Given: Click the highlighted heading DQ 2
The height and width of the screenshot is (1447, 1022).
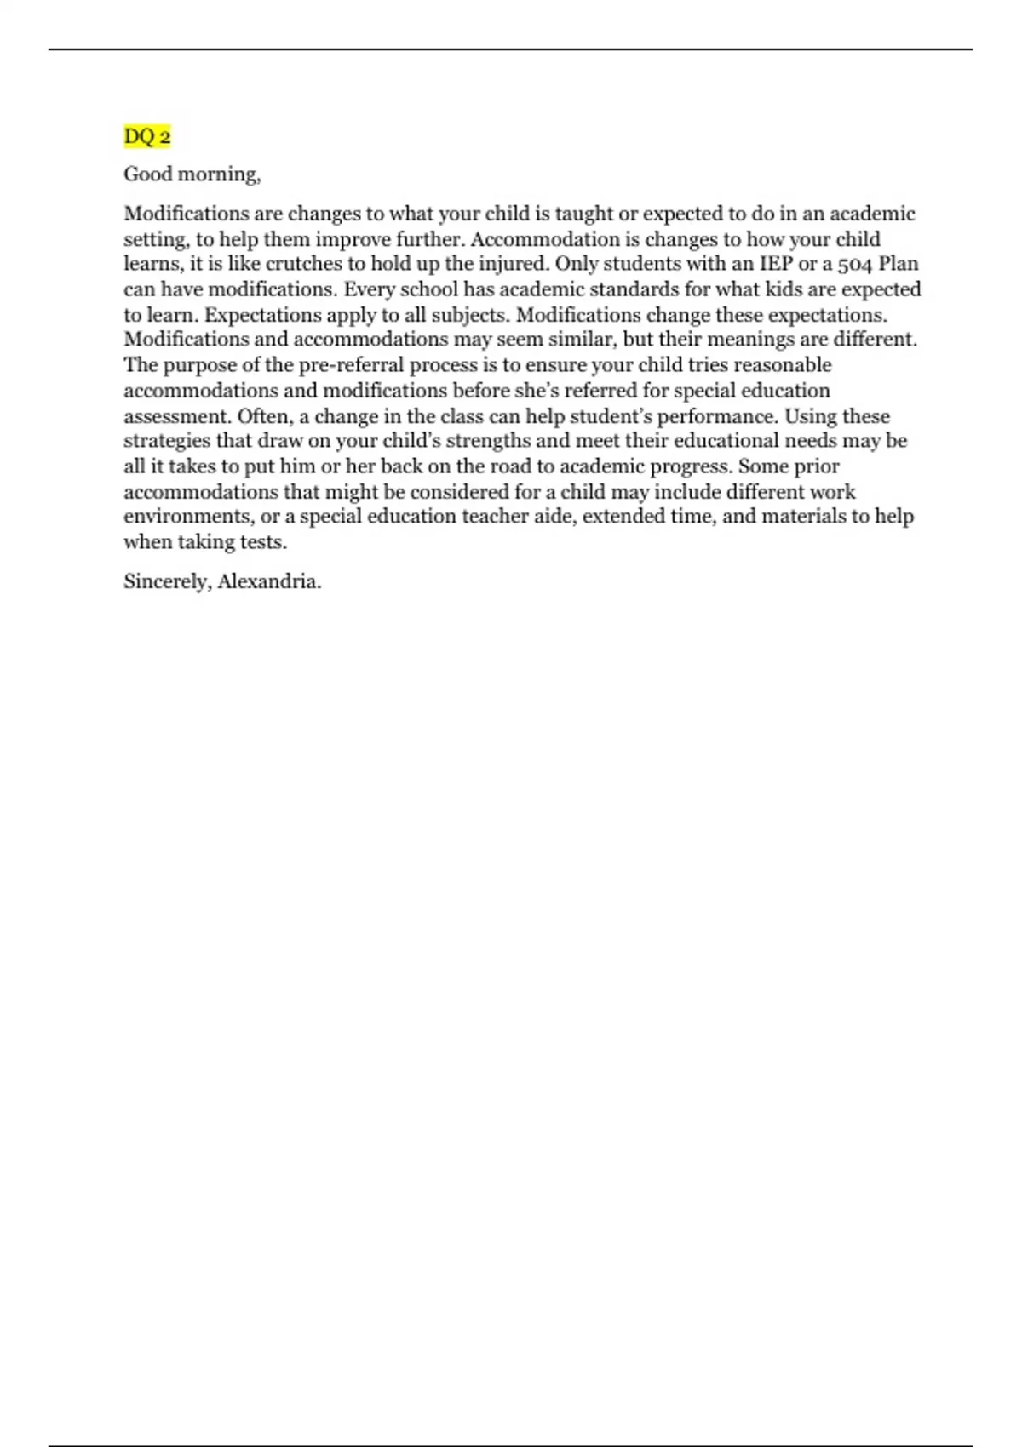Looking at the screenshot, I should click(x=147, y=136).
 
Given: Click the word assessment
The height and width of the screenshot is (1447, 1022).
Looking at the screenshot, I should click(x=176, y=416).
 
